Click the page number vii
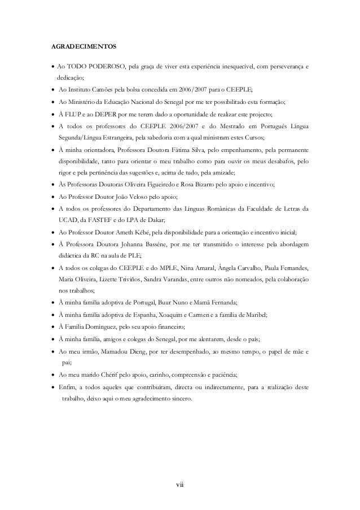point(180,483)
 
